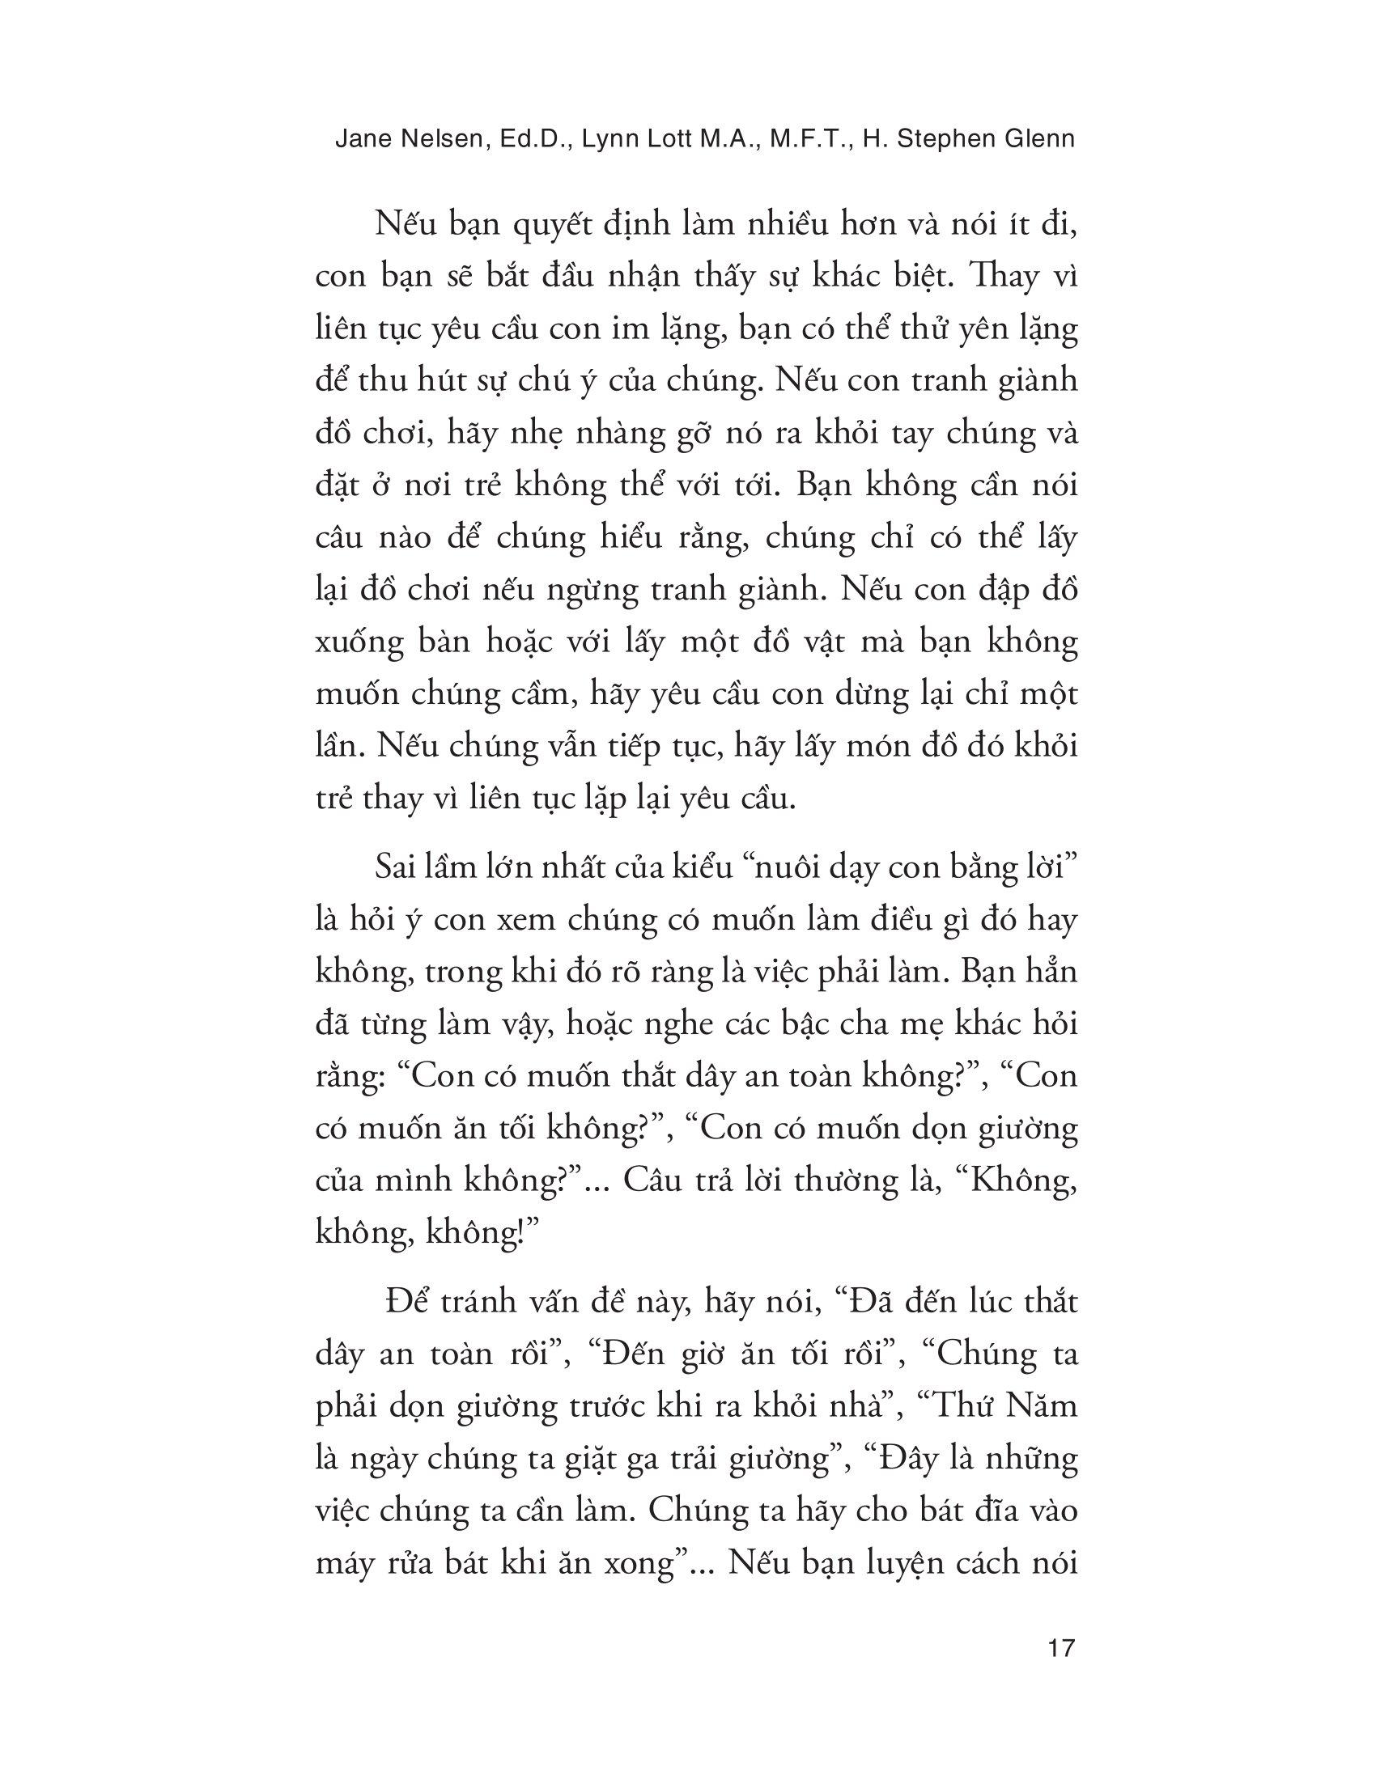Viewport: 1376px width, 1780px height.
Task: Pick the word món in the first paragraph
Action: point(916,747)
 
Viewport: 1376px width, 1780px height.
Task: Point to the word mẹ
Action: point(927,1024)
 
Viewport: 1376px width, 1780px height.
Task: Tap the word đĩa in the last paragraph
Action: point(981,1511)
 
